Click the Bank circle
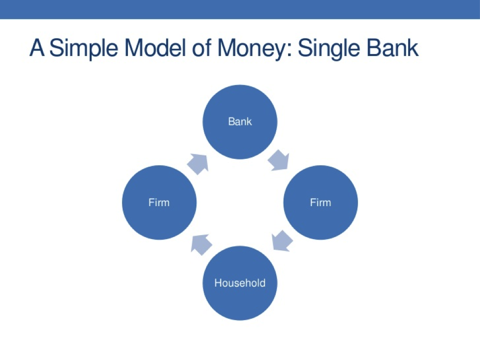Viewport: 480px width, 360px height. coord(240,129)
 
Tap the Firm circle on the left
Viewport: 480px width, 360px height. coord(159,203)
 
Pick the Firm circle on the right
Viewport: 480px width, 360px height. coord(320,203)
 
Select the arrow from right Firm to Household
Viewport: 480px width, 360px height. coord(282,240)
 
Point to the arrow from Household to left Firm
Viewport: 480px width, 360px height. coord(201,243)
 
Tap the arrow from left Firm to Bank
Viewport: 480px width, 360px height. coord(198,163)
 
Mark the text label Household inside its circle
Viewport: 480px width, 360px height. coord(240,283)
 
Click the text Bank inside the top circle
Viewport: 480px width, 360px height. coord(240,121)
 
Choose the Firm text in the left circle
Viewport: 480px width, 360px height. coord(159,203)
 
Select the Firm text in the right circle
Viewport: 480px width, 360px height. coord(320,203)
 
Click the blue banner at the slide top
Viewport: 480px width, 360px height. coord(240,9)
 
